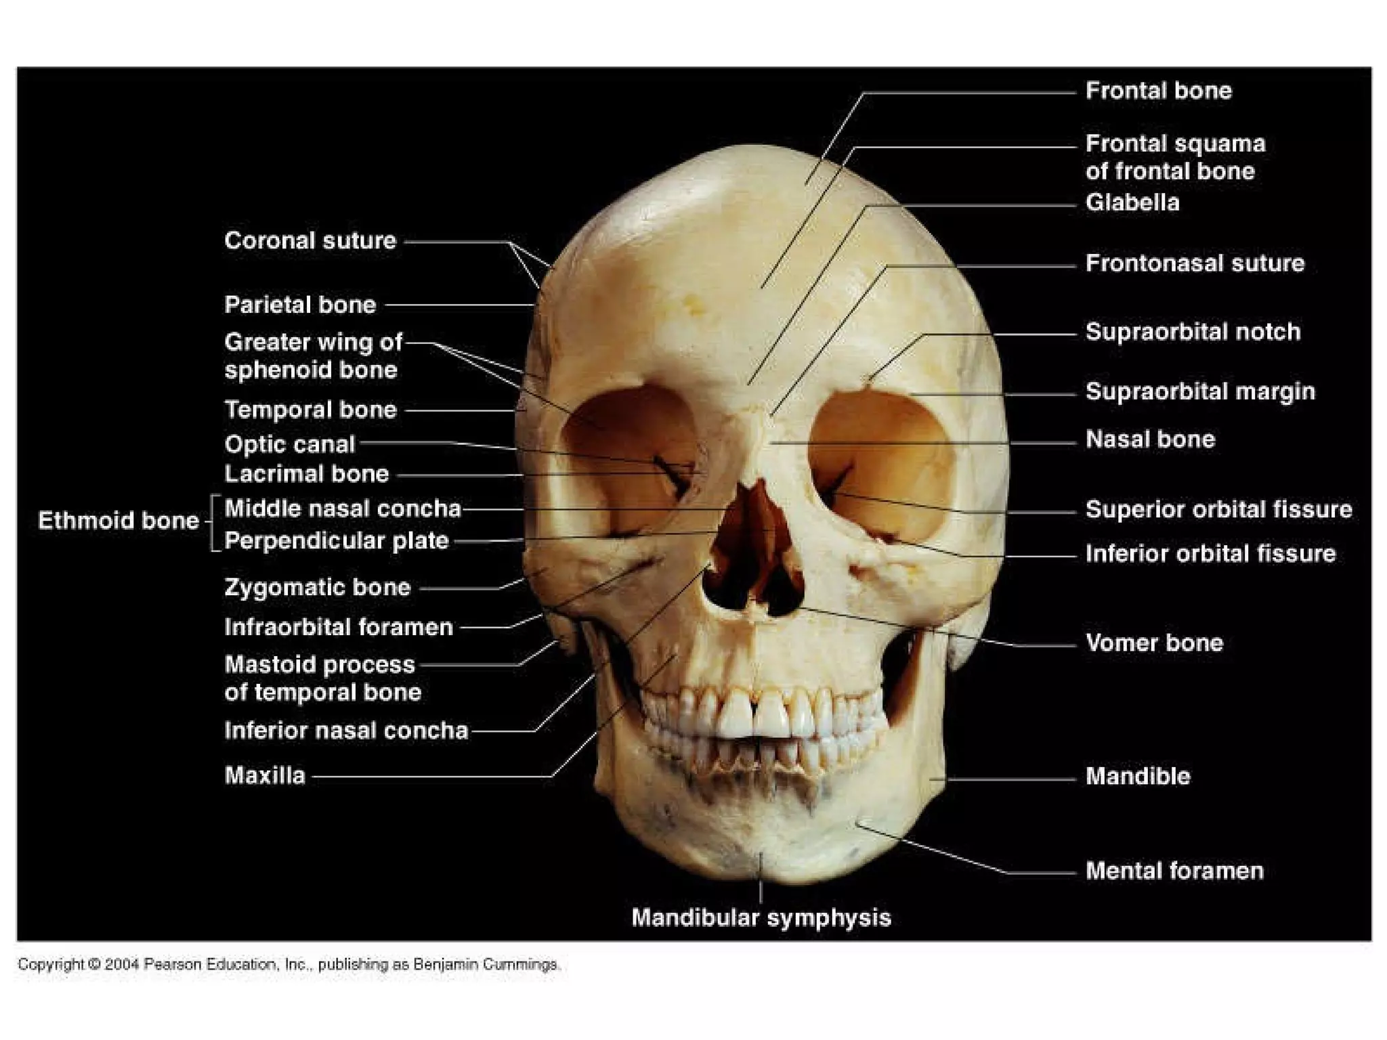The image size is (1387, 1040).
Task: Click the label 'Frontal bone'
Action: (1158, 91)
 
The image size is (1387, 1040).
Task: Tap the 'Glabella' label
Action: (1132, 202)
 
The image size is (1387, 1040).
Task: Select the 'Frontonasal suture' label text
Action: (1195, 263)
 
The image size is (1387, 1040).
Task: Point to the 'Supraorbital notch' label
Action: (1193, 332)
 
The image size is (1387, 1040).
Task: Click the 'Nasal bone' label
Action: (1150, 439)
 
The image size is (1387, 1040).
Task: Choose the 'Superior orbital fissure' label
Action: (1218, 509)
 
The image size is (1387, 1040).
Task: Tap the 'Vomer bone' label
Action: (1154, 643)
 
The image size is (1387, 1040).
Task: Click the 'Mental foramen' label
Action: (1174, 871)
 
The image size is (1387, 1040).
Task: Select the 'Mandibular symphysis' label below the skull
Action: (761, 918)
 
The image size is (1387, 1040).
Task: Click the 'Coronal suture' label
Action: (310, 240)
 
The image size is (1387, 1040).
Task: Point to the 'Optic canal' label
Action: (290, 444)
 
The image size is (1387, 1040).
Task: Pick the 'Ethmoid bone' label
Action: (119, 520)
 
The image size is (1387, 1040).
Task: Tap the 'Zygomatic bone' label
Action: (318, 587)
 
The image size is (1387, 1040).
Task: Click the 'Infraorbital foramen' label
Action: (339, 627)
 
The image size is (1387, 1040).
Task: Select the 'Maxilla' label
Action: (265, 775)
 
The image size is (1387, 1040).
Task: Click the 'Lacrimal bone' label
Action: (307, 474)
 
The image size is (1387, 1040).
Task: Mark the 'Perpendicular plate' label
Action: (337, 541)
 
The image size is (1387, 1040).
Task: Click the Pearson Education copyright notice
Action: (289, 964)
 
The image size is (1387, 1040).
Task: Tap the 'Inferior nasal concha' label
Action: (346, 730)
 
